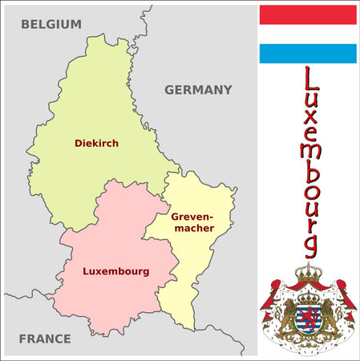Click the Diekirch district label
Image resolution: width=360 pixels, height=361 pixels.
coord(96,144)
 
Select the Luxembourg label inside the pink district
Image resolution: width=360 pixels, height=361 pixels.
coord(115,272)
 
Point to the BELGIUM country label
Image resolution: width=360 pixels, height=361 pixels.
coord(51,24)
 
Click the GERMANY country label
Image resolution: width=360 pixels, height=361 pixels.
coord(198,90)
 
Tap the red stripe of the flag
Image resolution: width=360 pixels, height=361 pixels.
coord(308,14)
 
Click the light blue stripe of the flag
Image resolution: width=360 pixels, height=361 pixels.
coord(308,54)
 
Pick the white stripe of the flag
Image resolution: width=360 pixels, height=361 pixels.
coord(308,34)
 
